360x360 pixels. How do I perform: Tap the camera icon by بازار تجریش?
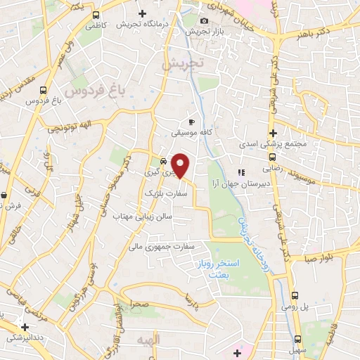[204, 20]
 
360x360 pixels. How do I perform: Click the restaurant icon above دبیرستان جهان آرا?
[240, 172]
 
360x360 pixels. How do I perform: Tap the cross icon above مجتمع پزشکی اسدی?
[273, 134]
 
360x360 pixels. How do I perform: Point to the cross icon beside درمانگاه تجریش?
[143, 13]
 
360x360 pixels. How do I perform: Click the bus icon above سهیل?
[299, 337]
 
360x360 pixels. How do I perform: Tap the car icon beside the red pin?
[163, 159]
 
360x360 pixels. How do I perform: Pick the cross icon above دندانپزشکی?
[25, 326]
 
